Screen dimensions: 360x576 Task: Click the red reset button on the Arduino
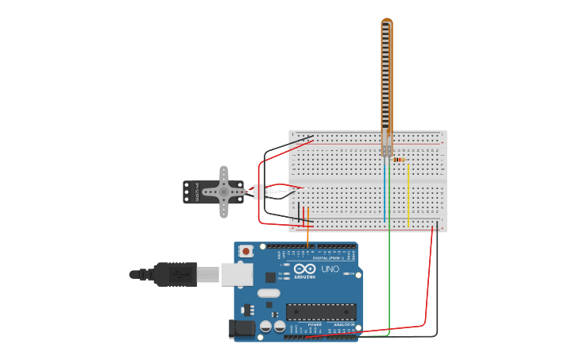246,251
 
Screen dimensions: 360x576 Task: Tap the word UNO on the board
330,269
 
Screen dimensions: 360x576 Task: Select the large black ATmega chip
321,312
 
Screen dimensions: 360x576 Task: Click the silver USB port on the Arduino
237,274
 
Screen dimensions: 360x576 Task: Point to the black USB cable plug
175,274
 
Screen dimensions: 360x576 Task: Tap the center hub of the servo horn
224,192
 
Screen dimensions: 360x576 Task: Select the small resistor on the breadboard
398,160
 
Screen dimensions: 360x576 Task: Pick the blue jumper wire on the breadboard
385,191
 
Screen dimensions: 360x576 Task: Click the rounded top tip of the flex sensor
386,21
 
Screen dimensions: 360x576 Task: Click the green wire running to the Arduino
389,278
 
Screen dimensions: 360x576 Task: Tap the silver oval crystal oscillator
269,292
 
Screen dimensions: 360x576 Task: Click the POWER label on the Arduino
315,324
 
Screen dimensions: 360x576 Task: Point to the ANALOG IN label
342,324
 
